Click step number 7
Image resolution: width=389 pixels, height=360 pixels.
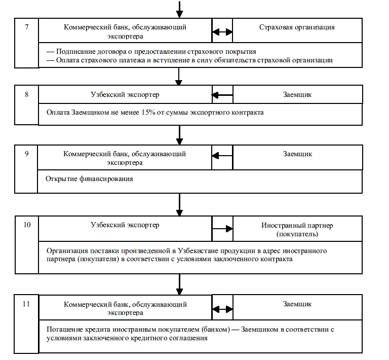26,27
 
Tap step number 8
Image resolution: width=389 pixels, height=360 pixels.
26,94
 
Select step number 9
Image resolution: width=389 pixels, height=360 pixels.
26,154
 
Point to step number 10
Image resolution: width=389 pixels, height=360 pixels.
27,225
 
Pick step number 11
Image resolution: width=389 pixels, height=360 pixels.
26,304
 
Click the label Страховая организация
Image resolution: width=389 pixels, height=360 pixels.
297,27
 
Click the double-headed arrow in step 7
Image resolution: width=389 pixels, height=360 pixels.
222,32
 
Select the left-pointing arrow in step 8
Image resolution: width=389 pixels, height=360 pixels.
222,95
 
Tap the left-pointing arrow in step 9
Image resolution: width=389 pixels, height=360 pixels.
222,156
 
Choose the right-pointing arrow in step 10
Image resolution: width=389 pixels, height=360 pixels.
223,229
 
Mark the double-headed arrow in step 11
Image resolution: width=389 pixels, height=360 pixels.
222,309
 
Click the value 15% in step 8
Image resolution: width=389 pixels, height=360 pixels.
148,113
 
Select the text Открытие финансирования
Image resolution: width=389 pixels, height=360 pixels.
89,179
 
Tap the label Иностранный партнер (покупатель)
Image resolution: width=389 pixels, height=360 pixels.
297,230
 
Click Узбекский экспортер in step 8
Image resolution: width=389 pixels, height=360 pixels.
125,95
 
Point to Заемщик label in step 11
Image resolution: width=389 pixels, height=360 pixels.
297,304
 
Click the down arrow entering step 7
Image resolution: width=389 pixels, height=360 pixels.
179,10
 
